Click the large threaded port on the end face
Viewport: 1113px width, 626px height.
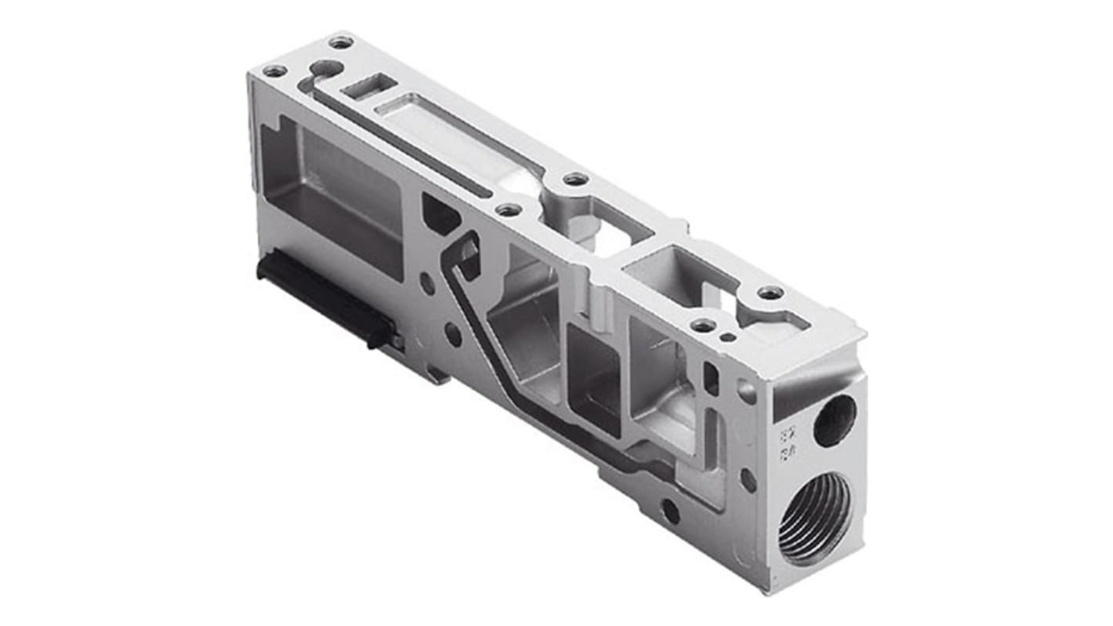tap(814, 520)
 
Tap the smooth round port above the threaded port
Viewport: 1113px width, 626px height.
tap(834, 420)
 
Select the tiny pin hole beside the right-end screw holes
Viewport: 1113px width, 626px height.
tap(728, 337)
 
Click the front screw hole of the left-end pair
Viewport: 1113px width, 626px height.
tap(274, 71)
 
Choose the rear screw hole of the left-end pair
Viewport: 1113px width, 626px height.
tap(340, 42)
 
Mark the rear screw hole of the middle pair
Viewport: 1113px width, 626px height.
tap(575, 179)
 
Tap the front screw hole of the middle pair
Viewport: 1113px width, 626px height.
tap(508, 209)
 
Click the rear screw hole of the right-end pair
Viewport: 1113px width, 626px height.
tap(770, 293)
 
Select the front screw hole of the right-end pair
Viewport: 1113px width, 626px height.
tap(703, 325)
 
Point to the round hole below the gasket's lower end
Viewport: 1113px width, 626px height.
tap(670, 511)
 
